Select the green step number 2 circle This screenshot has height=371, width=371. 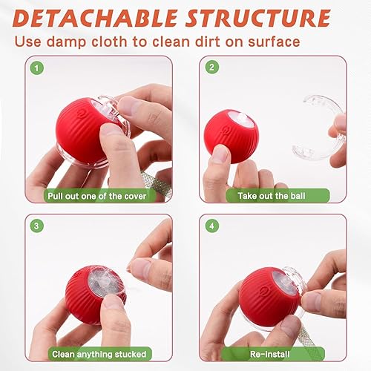(212, 68)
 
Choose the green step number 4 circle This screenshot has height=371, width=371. (212, 224)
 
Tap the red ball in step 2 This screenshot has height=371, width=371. (230, 134)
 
